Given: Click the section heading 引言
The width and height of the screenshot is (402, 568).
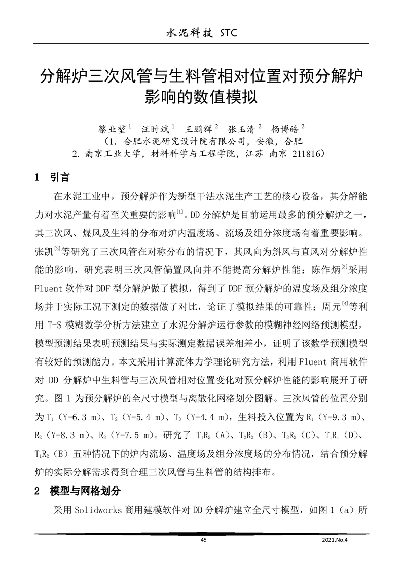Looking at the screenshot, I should tap(60, 178).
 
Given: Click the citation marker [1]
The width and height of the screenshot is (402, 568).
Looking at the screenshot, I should tap(180, 211).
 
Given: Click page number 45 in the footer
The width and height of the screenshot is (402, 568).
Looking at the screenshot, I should tap(204, 540).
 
